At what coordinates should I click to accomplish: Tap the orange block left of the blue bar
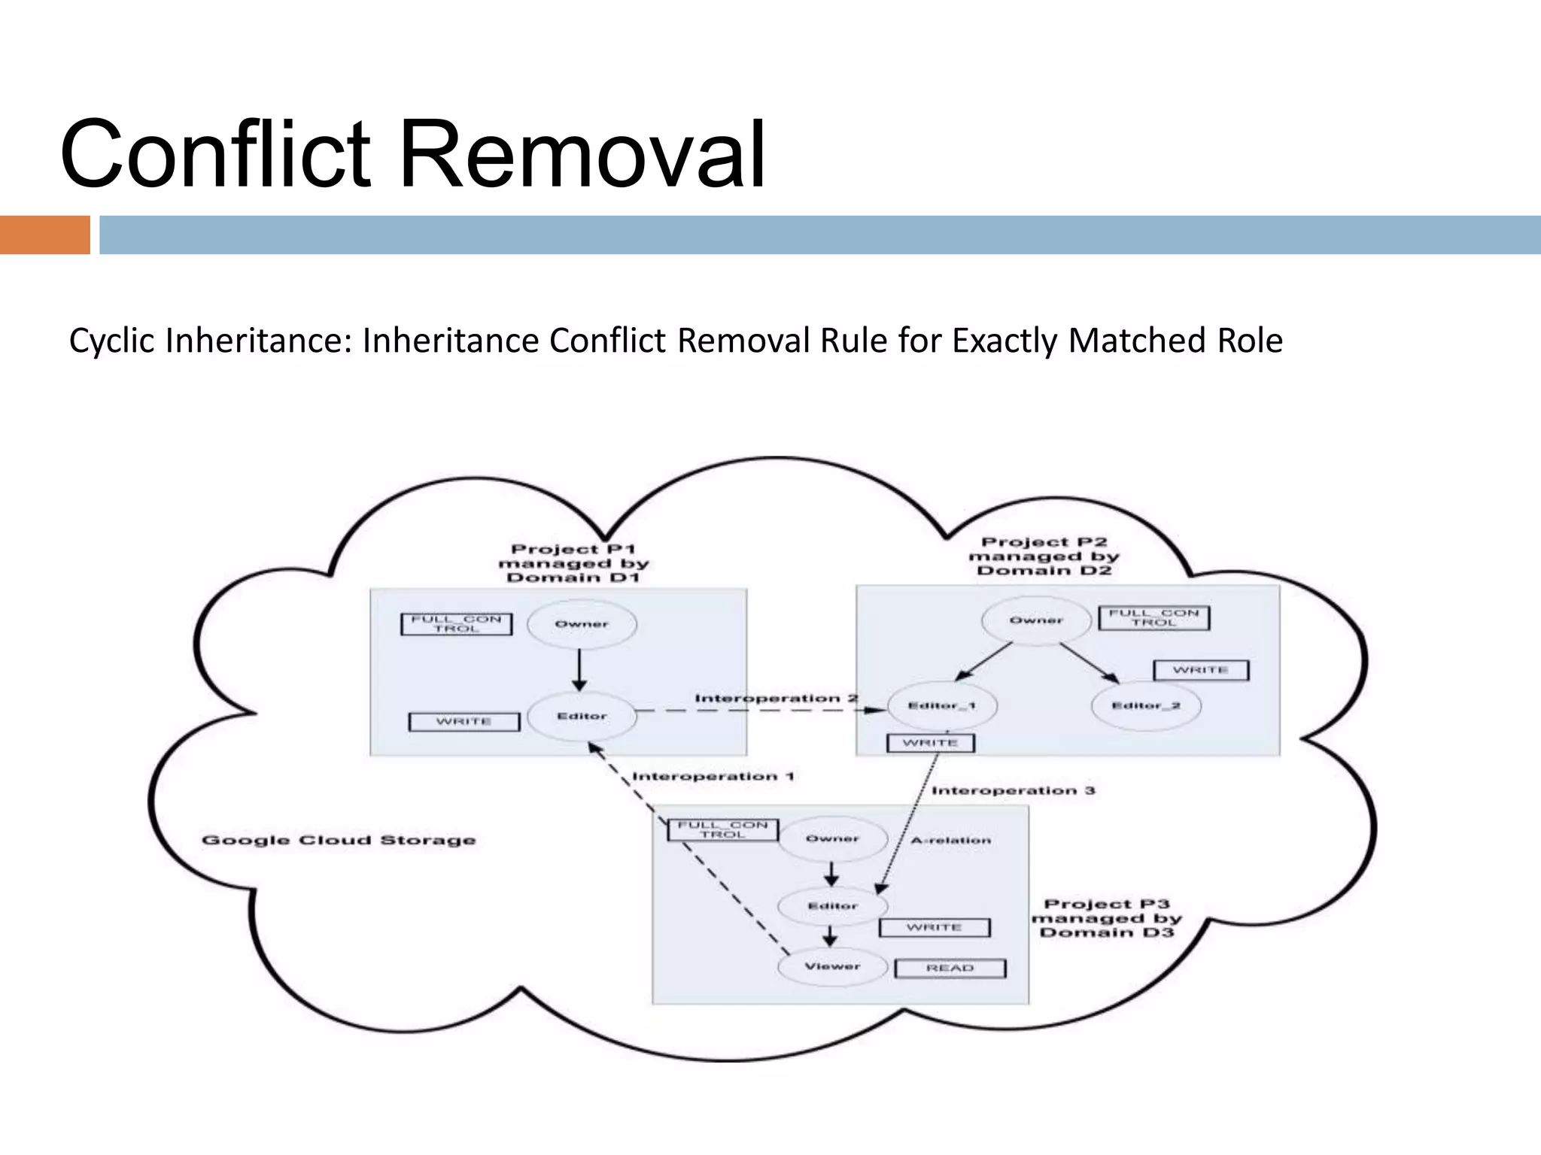[x=44, y=235]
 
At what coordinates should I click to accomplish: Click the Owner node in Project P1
[x=582, y=624]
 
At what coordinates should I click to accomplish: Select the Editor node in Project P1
[x=582, y=717]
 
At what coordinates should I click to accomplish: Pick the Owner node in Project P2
[x=1036, y=620]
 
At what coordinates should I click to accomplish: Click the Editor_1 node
[x=942, y=706]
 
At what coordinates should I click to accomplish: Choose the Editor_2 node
[x=1146, y=706]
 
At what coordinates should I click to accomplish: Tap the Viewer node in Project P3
[x=832, y=967]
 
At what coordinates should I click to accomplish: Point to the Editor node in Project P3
[x=832, y=906]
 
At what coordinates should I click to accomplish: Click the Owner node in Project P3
[x=832, y=839]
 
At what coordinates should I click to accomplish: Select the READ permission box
[x=950, y=969]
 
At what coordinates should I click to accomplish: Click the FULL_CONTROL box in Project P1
[x=456, y=624]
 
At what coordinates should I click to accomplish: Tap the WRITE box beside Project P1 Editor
[x=464, y=722]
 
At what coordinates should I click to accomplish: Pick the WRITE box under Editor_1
[x=930, y=743]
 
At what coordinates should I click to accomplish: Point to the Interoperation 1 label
[x=713, y=777]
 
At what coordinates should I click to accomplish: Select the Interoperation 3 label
[x=1013, y=791]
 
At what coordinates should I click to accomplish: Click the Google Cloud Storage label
[x=339, y=841]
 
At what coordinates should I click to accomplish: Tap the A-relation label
[x=950, y=841]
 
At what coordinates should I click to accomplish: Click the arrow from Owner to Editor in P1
[x=579, y=670]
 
